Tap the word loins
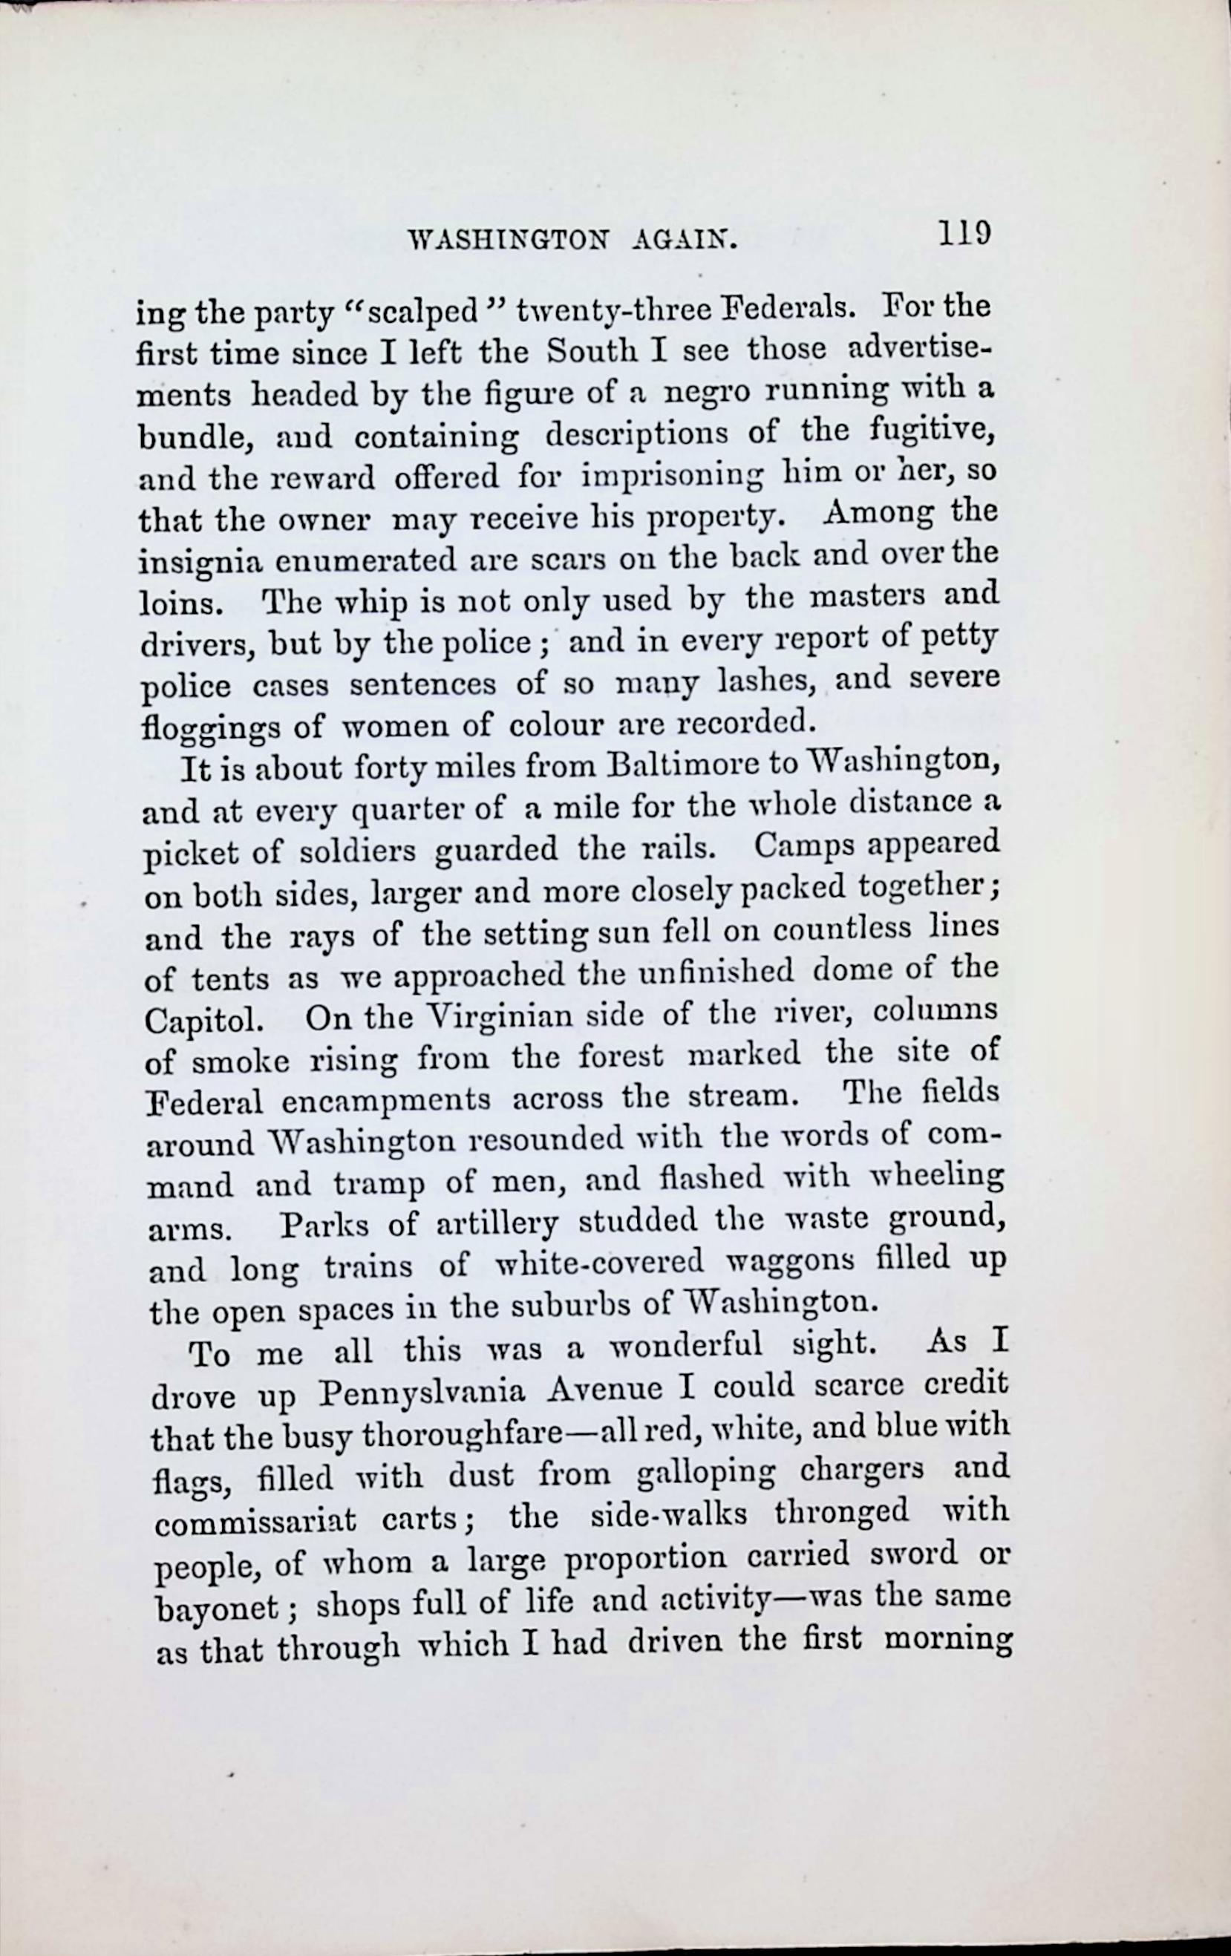point(172,603)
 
